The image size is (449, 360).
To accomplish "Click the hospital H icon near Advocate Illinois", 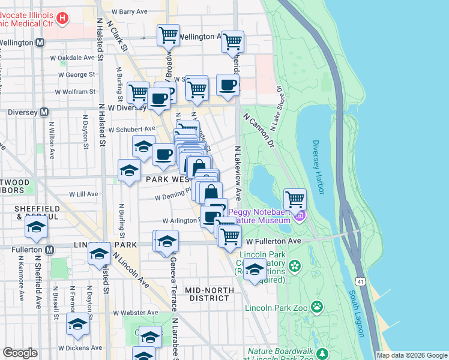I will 62,18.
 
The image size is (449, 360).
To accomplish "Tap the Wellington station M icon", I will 40,43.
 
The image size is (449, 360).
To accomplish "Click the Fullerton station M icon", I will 49,249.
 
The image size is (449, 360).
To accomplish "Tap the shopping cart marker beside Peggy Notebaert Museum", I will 295,199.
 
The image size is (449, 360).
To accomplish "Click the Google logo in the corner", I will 20,353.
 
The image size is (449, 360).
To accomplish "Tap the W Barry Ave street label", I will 128,11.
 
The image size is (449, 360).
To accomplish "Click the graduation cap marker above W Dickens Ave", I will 77,325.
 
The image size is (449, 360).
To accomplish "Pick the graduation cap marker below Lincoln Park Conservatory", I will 255,269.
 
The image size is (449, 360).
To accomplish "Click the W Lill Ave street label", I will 83,194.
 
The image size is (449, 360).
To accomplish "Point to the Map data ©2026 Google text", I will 411,355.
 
